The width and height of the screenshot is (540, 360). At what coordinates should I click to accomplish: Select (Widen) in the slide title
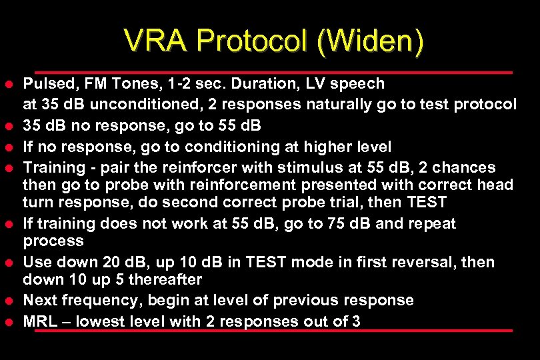pos(371,42)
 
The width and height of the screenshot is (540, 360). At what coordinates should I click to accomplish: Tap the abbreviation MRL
pos(40,321)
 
